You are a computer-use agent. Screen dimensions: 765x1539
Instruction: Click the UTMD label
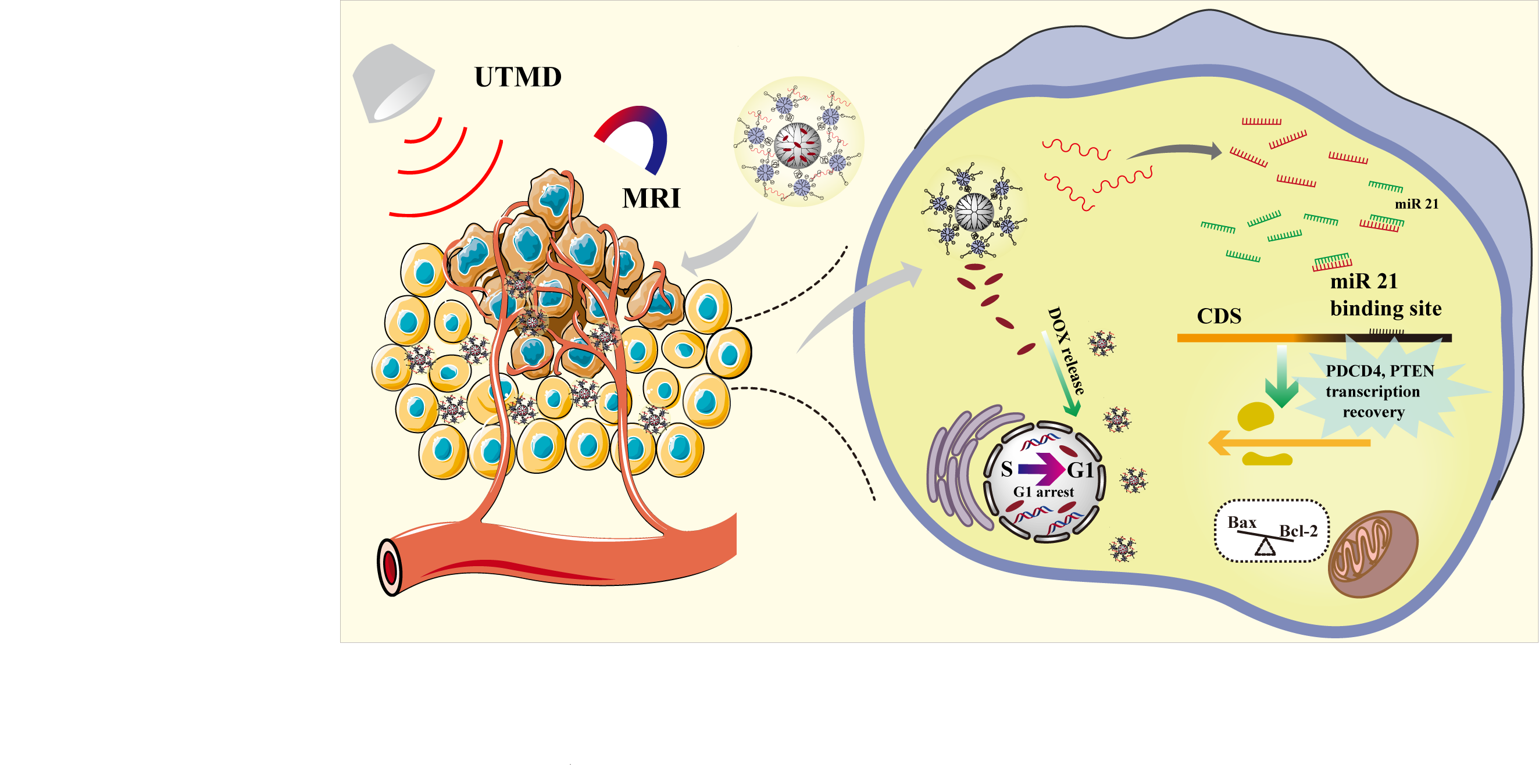(x=517, y=77)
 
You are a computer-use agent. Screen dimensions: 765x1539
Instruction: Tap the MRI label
(x=651, y=198)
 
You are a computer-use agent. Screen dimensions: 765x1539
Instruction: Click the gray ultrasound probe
(x=391, y=83)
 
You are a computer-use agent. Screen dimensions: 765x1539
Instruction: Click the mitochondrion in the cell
(x=1372, y=553)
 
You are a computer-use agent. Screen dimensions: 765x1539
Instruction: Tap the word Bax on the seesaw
(x=1241, y=523)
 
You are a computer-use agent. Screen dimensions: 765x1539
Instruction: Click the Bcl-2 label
(x=1298, y=531)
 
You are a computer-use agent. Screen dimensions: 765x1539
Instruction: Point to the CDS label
(x=1219, y=316)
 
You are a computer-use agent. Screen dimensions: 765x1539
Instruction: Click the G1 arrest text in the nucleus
(x=1043, y=492)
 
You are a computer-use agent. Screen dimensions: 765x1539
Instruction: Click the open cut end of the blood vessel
(x=390, y=567)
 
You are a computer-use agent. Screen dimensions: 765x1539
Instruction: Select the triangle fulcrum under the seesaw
(x=1265, y=546)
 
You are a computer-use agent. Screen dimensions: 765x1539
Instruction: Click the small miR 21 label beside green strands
(x=1416, y=204)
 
